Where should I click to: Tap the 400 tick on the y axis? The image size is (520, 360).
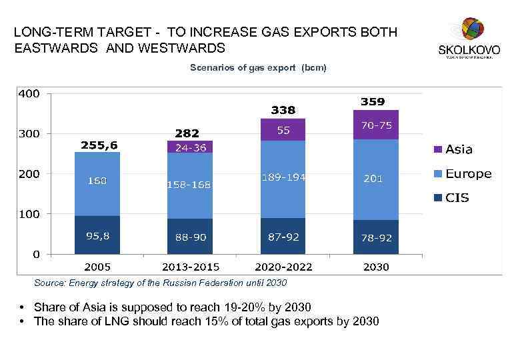[29, 93]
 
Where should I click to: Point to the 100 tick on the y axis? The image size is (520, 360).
[29, 214]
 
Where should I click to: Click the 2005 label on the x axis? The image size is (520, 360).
[97, 267]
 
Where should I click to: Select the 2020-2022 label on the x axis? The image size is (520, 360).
[283, 267]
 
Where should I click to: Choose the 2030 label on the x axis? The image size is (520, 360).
[376, 267]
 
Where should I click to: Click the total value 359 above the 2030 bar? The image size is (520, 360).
[373, 102]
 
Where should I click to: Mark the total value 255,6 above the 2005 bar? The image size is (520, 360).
[99, 144]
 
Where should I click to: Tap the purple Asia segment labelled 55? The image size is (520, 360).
[283, 130]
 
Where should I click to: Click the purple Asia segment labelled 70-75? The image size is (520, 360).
[376, 125]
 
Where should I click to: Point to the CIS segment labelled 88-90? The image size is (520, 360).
[190, 237]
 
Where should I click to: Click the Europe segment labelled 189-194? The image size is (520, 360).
[283, 177]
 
